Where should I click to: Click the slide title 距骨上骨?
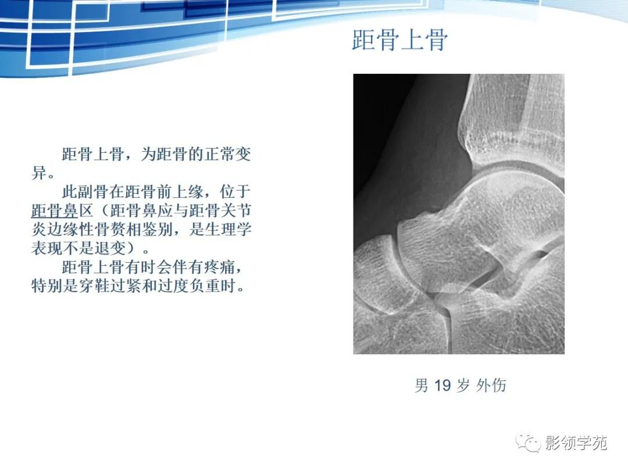click(400, 41)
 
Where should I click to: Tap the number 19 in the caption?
click(443, 385)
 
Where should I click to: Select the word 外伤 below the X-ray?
click(491, 385)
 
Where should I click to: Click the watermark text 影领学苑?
click(576, 443)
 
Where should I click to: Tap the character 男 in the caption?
click(421, 385)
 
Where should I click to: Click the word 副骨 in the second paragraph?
click(97, 191)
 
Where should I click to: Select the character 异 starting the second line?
click(38, 173)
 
